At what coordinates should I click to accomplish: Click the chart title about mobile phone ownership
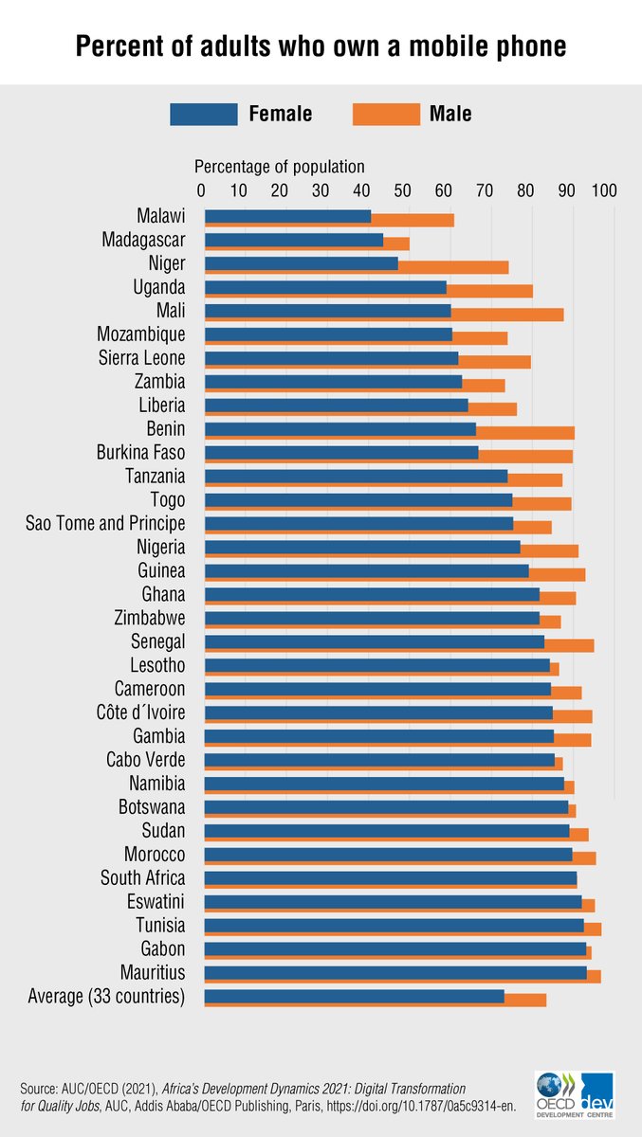click(321, 45)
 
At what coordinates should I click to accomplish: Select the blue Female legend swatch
click(203, 114)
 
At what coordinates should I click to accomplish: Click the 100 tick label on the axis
click(604, 190)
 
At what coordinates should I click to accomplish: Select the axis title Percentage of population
click(279, 167)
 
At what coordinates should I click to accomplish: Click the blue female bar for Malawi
click(286, 216)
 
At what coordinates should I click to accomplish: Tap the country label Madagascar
click(142, 240)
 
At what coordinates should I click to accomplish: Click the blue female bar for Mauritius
click(394, 972)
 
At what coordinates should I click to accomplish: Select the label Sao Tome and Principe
click(105, 524)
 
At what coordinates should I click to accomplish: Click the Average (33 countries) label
click(106, 996)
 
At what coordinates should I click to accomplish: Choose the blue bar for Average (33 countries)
click(353, 996)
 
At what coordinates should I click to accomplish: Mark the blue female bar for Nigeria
click(361, 547)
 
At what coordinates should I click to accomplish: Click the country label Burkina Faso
click(141, 453)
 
